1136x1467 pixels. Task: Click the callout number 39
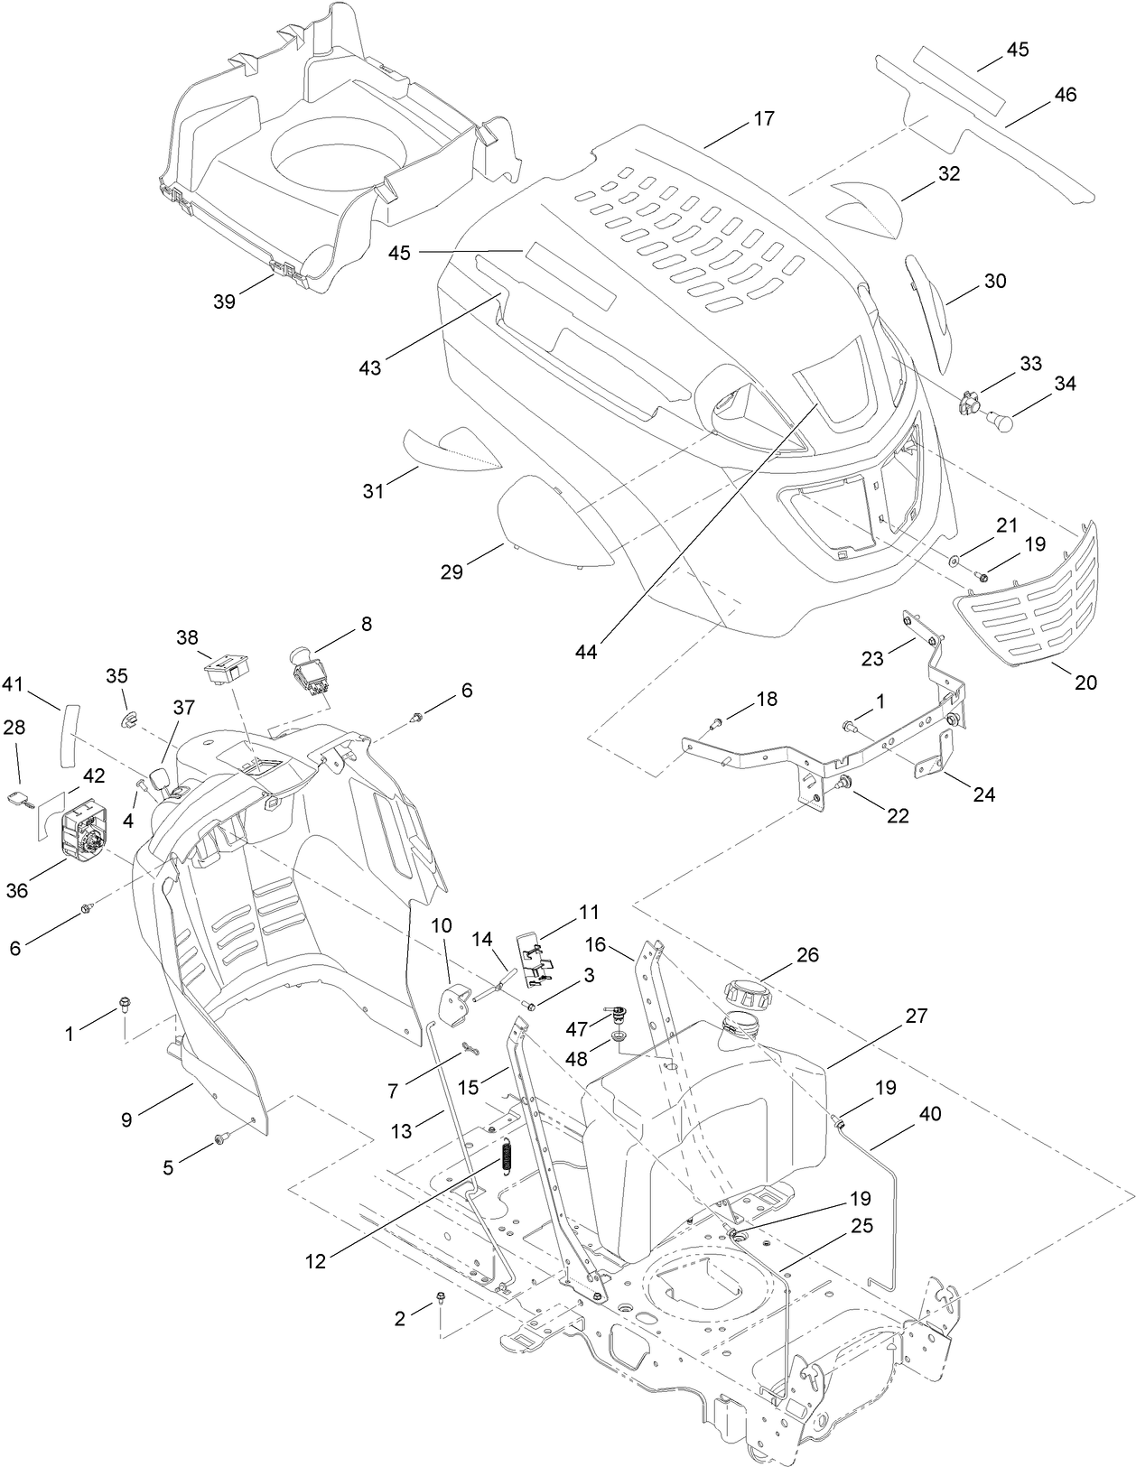[224, 302]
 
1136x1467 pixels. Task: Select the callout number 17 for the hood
[763, 119]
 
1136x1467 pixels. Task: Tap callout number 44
[586, 651]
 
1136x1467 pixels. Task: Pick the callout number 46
[1065, 94]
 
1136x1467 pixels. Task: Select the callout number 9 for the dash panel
[126, 1119]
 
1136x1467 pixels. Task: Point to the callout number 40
[929, 1114]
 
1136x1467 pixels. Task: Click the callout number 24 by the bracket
[983, 794]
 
